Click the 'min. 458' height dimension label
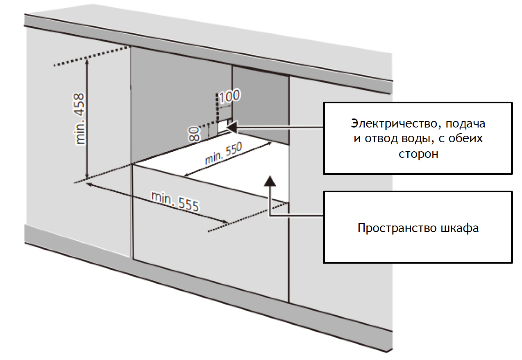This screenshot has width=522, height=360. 80,119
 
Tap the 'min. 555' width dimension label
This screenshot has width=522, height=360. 175,201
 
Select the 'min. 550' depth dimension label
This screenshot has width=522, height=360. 223,153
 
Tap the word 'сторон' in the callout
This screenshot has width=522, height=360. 418,154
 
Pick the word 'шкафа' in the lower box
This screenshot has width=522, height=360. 459,228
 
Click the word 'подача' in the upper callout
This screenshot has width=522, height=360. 468,123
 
